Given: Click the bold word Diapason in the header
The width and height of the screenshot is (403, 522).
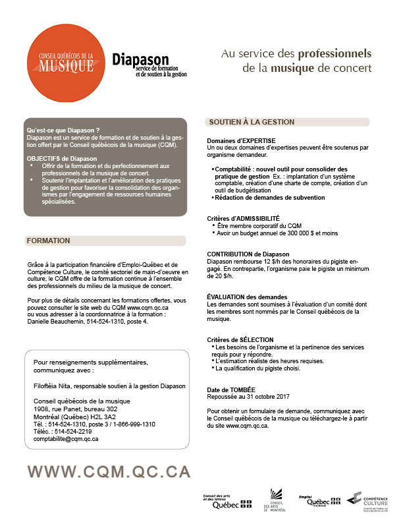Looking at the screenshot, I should point(140,59).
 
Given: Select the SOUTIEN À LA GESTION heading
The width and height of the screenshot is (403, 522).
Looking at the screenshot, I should point(252,123).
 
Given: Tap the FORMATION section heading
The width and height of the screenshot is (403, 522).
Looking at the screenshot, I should point(49,241).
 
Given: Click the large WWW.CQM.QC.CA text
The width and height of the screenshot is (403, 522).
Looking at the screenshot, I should point(109,471).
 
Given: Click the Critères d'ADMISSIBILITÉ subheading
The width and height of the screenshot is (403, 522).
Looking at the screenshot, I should point(243,218).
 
